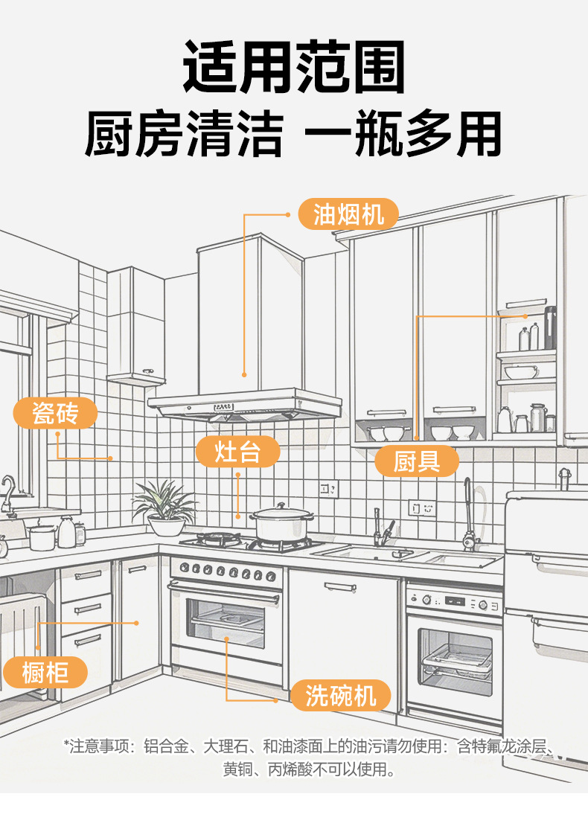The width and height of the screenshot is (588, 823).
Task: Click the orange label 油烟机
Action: point(348,215)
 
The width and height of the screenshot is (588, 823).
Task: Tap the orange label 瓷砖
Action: point(55,412)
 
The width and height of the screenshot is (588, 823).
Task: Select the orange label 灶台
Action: point(237,451)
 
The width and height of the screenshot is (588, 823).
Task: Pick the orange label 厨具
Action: point(417,461)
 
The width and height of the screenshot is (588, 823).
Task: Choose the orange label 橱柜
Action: point(45,673)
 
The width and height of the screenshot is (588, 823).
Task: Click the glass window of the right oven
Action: point(454,660)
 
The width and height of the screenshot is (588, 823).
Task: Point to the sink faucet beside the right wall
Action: point(469,513)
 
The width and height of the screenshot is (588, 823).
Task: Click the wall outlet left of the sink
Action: point(328,489)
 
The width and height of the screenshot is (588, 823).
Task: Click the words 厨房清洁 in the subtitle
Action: point(183,135)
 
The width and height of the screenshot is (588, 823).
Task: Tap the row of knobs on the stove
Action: point(226,571)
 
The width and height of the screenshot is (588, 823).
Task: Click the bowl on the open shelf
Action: point(520,371)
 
